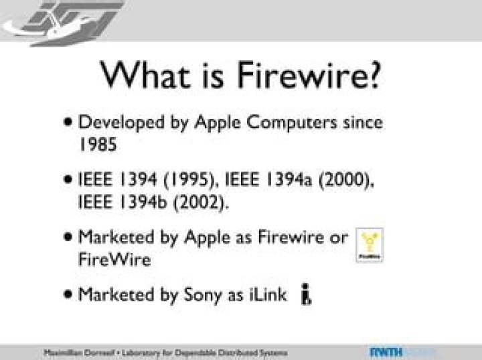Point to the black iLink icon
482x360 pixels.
(x=306, y=294)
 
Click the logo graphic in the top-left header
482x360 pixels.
(x=64, y=21)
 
